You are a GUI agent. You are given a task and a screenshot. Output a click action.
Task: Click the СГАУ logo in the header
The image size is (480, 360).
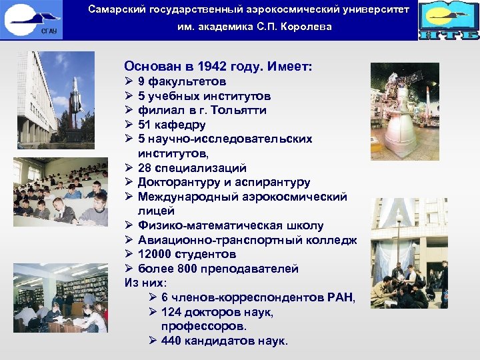pyautogui.click(x=33, y=20)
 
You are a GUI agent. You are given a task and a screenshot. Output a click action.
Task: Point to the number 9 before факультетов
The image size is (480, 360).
pyautogui.click(x=141, y=81)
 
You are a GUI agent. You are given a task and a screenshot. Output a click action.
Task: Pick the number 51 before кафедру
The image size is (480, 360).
pyautogui.click(x=145, y=125)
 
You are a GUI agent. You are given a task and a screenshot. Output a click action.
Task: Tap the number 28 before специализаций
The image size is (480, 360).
pyautogui.click(x=145, y=168)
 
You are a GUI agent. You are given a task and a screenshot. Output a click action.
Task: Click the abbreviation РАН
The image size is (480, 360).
pyautogui.click(x=341, y=298)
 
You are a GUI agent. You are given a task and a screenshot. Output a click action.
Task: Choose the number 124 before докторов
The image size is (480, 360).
pyautogui.click(x=172, y=312)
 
